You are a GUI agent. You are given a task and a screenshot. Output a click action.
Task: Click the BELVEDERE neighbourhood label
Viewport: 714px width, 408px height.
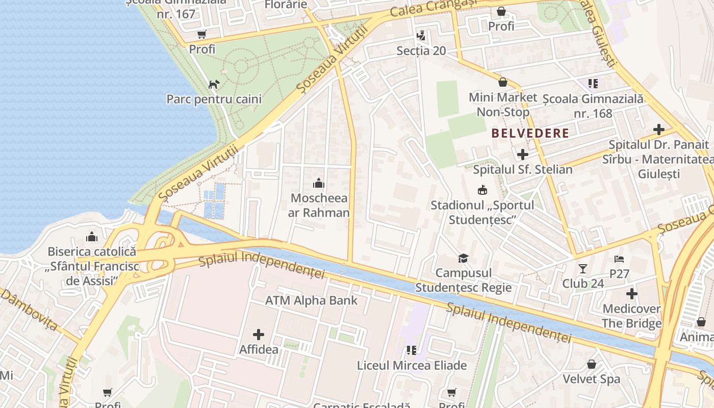pyautogui.click(x=530, y=134)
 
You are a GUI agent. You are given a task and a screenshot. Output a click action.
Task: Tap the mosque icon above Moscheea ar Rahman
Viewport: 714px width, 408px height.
pyautogui.click(x=319, y=183)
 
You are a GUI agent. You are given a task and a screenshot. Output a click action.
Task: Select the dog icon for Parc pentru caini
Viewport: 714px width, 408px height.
pyautogui.click(x=214, y=84)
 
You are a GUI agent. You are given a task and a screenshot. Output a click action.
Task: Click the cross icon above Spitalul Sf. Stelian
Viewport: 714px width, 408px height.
pyautogui.click(x=523, y=154)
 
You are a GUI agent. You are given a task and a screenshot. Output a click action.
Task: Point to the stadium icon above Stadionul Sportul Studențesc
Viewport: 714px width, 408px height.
pyautogui.click(x=482, y=190)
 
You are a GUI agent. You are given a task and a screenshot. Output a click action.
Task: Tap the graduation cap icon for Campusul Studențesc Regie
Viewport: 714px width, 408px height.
pyautogui.click(x=463, y=258)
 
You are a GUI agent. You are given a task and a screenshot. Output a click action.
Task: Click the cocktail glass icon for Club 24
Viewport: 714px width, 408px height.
pyautogui.click(x=583, y=268)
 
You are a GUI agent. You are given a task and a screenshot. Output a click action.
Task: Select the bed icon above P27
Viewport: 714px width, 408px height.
pyautogui.click(x=619, y=259)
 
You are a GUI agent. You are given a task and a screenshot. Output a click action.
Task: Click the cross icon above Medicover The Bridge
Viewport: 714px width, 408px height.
pyautogui.click(x=632, y=294)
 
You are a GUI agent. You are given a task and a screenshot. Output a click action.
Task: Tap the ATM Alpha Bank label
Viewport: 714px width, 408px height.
pyautogui.click(x=311, y=300)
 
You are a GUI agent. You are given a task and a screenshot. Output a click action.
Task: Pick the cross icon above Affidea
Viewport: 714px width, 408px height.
pyautogui.click(x=259, y=335)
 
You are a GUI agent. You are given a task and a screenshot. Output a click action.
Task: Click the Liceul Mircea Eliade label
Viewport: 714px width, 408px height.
pyautogui.click(x=412, y=365)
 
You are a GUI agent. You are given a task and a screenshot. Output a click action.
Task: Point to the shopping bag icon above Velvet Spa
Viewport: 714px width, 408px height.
pyautogui.click(x=592, y=364)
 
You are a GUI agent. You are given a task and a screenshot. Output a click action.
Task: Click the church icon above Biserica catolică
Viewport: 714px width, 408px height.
pyautogui.click(x=92, y=237)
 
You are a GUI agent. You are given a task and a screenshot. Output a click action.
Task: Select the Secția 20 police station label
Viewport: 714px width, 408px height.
pyautogui.click(x=421, y=50)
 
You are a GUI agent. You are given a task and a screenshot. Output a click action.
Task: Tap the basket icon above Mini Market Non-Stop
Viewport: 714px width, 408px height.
pyautogui.click(x=503, y=82)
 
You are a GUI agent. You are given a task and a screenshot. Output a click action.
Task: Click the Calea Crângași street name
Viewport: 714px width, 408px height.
pyautogui.click(x=433, y=8)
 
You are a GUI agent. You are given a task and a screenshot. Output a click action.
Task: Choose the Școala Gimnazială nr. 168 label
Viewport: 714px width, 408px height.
pyautogui.click(x=593, y=106)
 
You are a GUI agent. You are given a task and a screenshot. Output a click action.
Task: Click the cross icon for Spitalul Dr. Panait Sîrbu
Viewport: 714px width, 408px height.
pyautogui.click(x=658, y=130)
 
